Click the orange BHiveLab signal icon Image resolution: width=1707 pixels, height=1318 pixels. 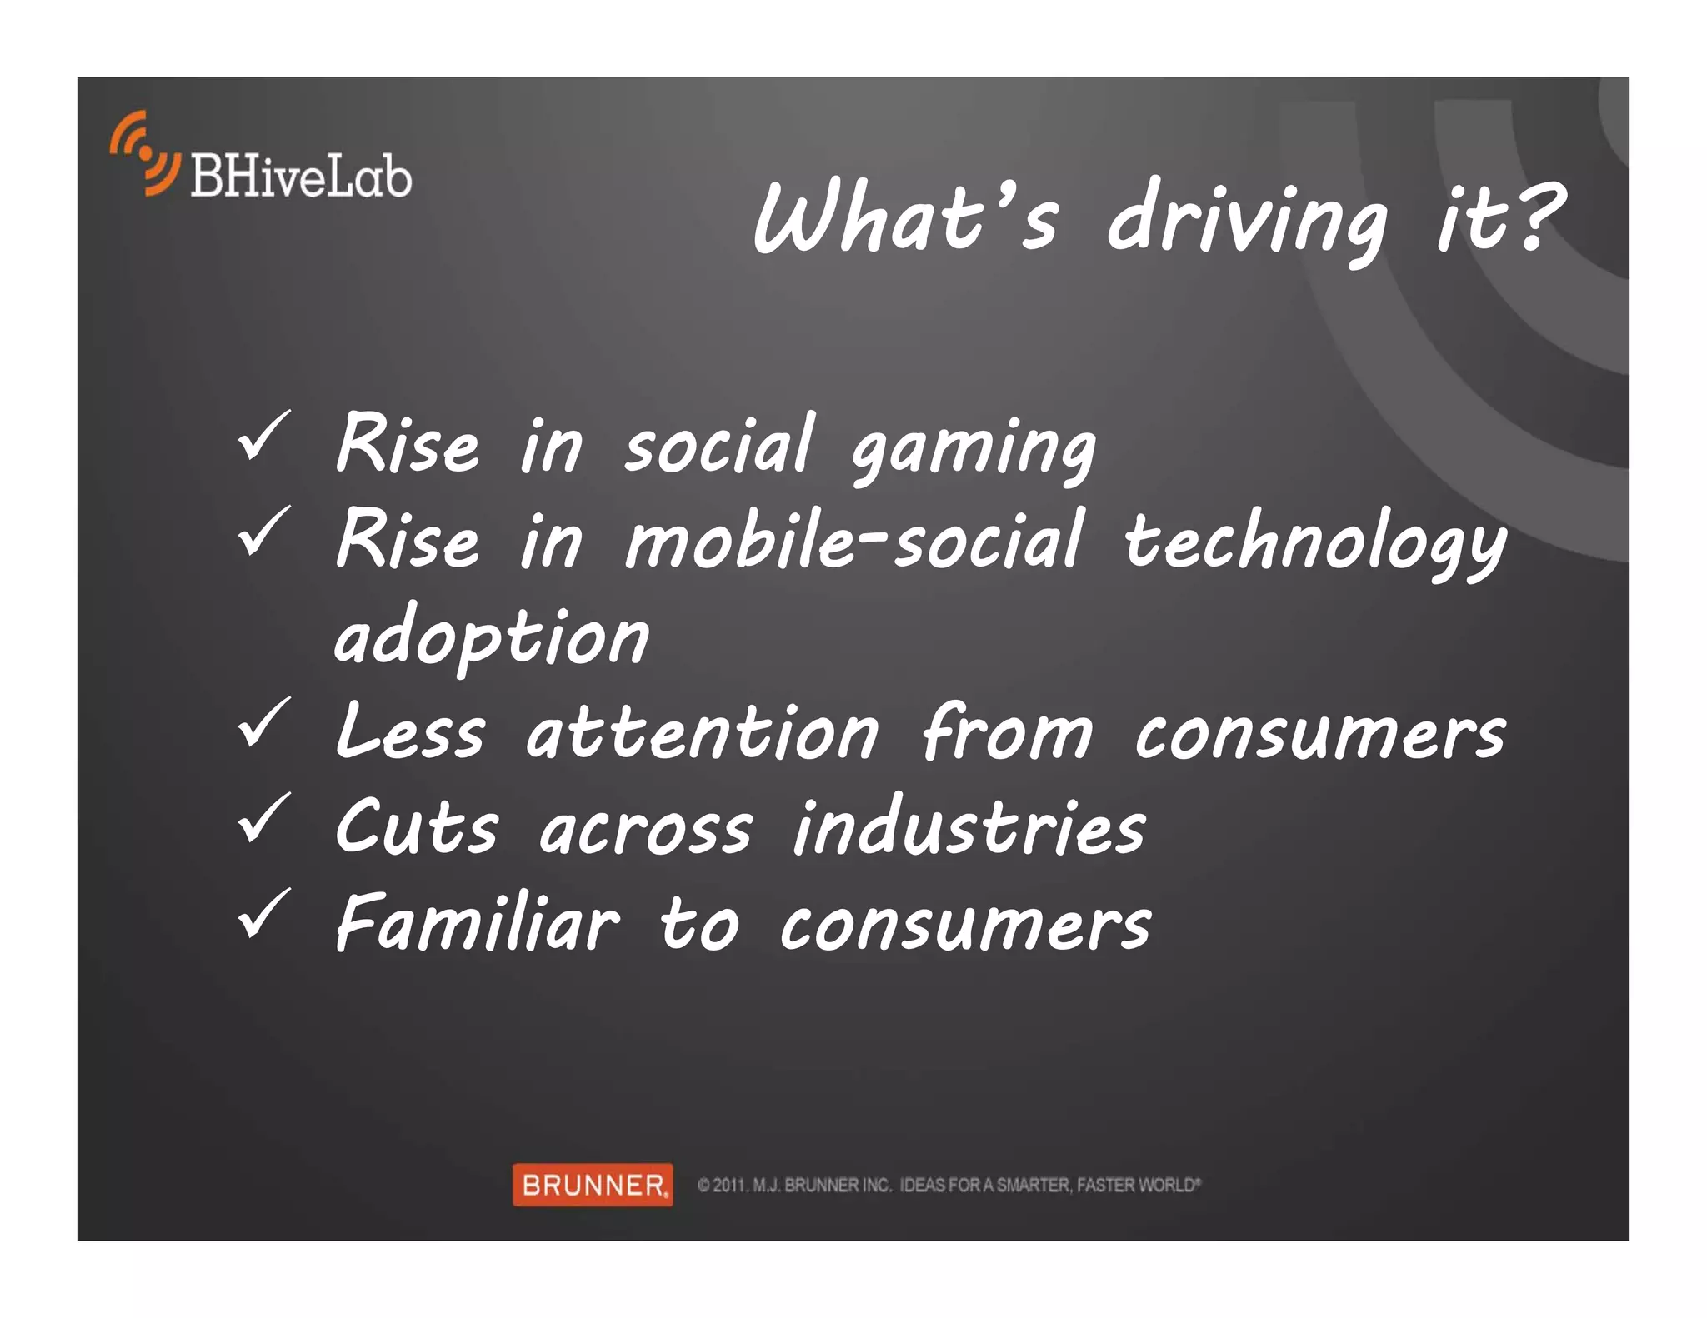144,153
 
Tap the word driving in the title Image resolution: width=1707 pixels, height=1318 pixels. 1247,221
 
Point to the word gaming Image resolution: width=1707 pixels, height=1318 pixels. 973,447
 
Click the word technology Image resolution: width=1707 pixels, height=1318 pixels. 1314,543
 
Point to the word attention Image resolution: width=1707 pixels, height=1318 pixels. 702,733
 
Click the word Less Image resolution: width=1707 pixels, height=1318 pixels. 409,731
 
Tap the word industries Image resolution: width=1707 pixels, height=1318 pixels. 969,828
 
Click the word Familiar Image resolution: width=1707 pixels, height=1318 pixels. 477,923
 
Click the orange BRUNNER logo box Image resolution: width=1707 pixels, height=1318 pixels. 593,1184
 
